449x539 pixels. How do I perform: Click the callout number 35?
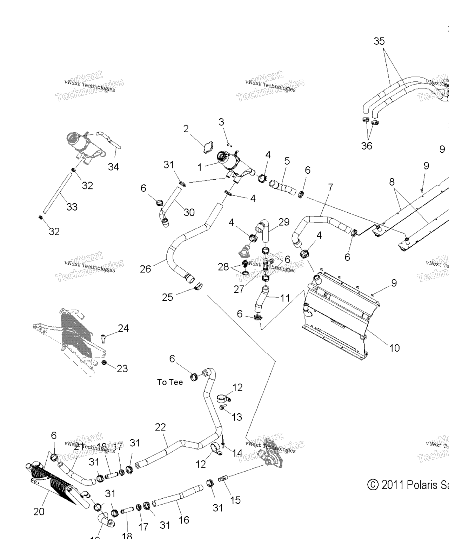pyautogui.click(x=379, y=41)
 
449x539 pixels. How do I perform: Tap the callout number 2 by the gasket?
pyautogui.click(x=186, y=128)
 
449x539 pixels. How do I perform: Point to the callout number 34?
pyautogui.click(x=113, y=167)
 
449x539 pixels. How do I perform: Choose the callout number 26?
pyautogui.click(x=145, y=269)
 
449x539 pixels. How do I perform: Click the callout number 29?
pyautogui.click(x=284, y=222)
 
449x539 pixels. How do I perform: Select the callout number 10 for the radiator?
pyautogui.click(x=394, y=348)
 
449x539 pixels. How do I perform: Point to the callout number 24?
pyautogui.click(x=123, y=328)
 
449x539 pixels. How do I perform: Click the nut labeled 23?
pyautogui.click(x=104, y=362)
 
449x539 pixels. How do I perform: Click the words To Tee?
pyautogui.click(x=170, y=382)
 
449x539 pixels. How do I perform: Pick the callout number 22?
pyautogui.click(x=160, y=427)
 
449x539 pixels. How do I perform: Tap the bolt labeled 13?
pyautogui.click(x=222, y=407)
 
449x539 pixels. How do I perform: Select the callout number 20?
pyautogui.click(x=39, y=512)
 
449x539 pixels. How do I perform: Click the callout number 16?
pyautogui.click(x=184, y=520)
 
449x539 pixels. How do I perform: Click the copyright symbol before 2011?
pyautogui.click(x=373, y=485)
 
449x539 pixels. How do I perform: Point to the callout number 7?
pyautogui.click(x=330, y=187)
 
